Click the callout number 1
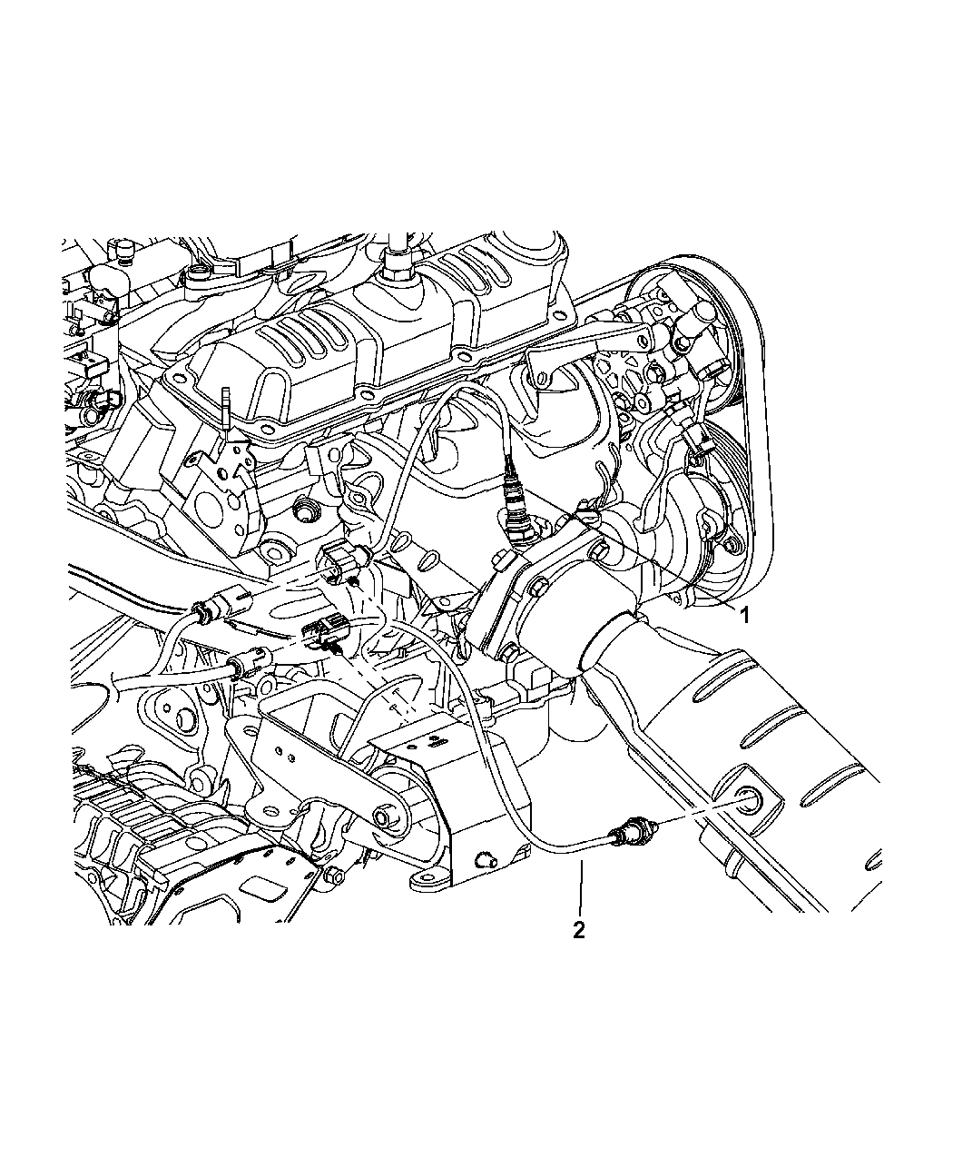[745, 615]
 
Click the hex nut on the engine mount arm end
[383, 817]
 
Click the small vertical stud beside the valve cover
[226, 410]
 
